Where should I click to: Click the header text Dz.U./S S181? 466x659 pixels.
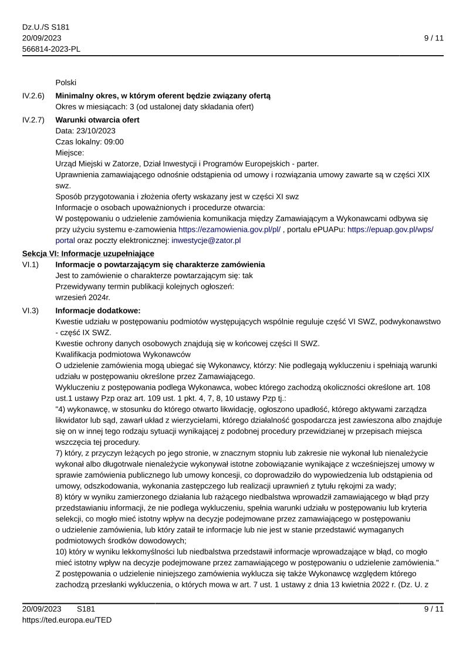pos(46,27)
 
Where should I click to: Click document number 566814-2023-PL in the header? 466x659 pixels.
pos(51,49)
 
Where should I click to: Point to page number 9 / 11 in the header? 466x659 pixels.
pos(434,38)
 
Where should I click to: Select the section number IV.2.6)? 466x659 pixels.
pos(33,96)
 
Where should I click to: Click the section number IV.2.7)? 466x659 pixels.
pos(33,120)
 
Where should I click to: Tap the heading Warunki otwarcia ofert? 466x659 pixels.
pos(97,120)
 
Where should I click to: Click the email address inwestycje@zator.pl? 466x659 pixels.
pos(206,240)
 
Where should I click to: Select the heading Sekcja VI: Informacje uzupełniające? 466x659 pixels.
pos(88,254)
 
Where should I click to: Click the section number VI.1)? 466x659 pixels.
pos(31,265)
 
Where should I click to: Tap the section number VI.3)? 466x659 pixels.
pos(31,310)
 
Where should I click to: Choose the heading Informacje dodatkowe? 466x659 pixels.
pos(98,310)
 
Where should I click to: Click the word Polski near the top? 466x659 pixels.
pos(66,82)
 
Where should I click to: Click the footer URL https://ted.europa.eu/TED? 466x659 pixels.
pos(67,620)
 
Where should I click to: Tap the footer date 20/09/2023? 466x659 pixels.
pos(42,609)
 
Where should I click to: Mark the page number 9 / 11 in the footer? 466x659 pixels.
pos(434,609)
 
